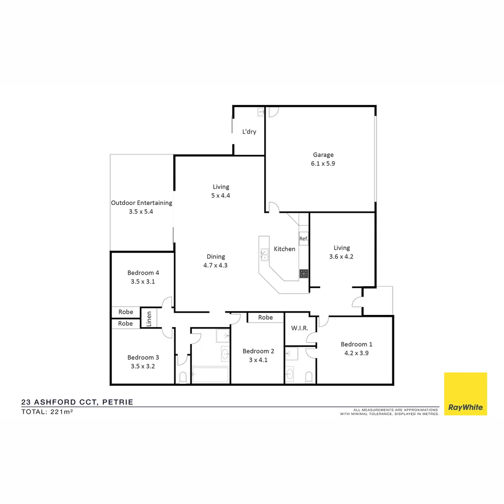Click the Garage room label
pos(323,155)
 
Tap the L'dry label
pos(249,132)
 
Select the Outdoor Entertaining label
pos(141,203)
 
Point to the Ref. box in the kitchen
pos(303,239)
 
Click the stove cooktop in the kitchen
pos(304,273)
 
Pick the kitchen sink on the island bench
pos(264,254)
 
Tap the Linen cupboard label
pos(149,319)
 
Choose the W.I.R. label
pos(299,328)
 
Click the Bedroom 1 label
pos(356,344)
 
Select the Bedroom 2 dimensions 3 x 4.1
pos(255,360)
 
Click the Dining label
pos(216,257)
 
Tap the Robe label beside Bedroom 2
pos(265,317)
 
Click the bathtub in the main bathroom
pos(210,375)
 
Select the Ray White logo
pos(465,393)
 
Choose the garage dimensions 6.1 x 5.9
pos(323,164)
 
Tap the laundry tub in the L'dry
pos(260,112)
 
